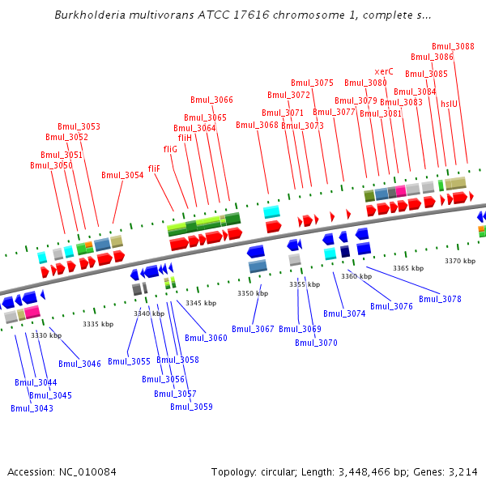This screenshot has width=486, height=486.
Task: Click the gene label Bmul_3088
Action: [x=453, y=46]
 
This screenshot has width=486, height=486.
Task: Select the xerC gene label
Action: [x=384, y=71]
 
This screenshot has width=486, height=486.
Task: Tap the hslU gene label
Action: [x=449, y=104]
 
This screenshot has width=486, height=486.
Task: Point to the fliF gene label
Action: [x=154, y=168]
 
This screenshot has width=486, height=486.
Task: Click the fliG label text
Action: [x=170, y=149]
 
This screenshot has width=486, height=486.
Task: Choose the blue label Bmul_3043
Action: [x=32, y=408]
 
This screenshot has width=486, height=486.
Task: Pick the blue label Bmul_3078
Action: [x=440, y=299]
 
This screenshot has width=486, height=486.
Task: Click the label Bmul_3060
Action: [x=206, y=338]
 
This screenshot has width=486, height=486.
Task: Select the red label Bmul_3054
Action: [x=122, y=175]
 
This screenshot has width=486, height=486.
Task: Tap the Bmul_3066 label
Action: [x=212, y=100]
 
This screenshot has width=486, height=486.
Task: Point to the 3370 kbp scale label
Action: [x=459, y=261]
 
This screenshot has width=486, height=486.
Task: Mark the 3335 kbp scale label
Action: [x=97, y=324]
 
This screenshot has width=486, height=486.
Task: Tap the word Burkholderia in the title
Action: [x=88, y=15]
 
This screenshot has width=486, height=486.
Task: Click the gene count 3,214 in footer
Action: [x=463, y=471]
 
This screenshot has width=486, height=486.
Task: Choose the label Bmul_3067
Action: [x=253, y=328]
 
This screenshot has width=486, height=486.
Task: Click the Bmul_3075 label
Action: [x=312, y=83]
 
